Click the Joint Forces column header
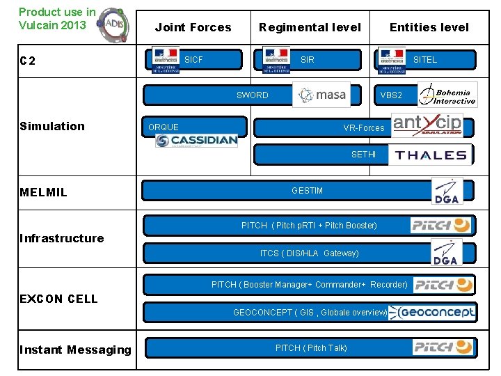pyautogui.click(x=193, y=28)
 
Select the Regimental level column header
pyautogui.click(x=310, y=28)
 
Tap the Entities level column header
pyautogui.click(x=429, y=28)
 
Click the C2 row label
pyautogui.click(x=28, y=61)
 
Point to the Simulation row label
pyautogui.click(x=52, y=126)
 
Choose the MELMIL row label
pyautogui.click(x=44, y=192)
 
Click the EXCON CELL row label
pyautogui.click(x=58, y=299)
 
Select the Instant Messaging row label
pyautogui.click(x=75, y=350)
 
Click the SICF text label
pyautogui.click(x=193, y=60)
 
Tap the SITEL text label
pyautogui.click(x=424, y=60)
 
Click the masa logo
pyautogui.click(x=321, y=95)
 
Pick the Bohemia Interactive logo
pyautogui.click(x=447, y=95)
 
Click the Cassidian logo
pyautogui.click(x=196, y=141)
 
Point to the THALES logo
pyautogui.click(x=431, y=155)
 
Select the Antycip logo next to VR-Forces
pyautogui.click(x=427, y=125)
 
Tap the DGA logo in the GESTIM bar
pyautogui.click(x=446, y=192)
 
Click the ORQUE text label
pyautogui.click(x=164, y=127)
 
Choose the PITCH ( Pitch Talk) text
pyautogui.click(x=311, y=348)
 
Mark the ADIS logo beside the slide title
pyautogui.click(x=112, y=24)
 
